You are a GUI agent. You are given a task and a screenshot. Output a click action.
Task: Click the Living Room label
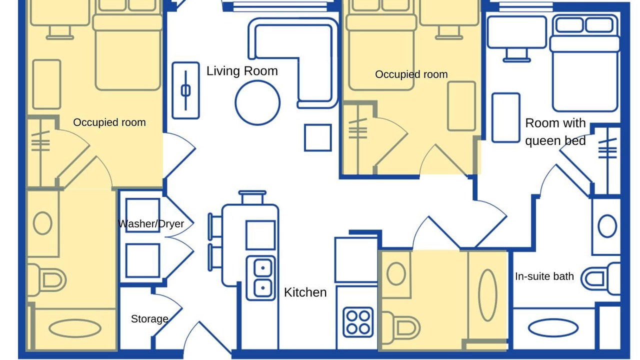coord(242,71)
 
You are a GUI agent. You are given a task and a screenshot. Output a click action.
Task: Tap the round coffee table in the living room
coord(257,103)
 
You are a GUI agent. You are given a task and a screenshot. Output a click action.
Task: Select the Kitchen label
coord(305,292)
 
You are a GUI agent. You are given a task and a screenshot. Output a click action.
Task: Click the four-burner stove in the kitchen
coord(358,322)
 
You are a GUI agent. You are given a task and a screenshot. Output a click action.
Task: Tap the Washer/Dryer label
coord(151,223)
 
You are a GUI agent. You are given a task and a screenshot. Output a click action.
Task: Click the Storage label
coord(149,319)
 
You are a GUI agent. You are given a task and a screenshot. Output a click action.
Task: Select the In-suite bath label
coord(544,276)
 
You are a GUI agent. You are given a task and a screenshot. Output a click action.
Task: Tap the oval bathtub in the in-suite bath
coord(553,328)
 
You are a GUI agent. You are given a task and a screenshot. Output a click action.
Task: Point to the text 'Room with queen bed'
coord(555,131)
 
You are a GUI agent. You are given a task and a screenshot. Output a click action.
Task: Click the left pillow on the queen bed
coord(569,25)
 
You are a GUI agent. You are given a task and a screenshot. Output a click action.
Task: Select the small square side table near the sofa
coord(317,137)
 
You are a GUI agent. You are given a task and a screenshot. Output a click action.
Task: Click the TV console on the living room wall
coord(185,90)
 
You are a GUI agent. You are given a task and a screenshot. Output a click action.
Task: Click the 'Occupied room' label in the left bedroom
coord(109,122)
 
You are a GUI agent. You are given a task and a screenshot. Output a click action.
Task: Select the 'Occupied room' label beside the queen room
coord(411,74)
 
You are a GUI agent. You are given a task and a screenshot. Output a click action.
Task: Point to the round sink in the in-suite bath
coord(607,226)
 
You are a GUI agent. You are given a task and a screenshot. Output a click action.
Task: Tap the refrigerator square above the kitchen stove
coord(356,259)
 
